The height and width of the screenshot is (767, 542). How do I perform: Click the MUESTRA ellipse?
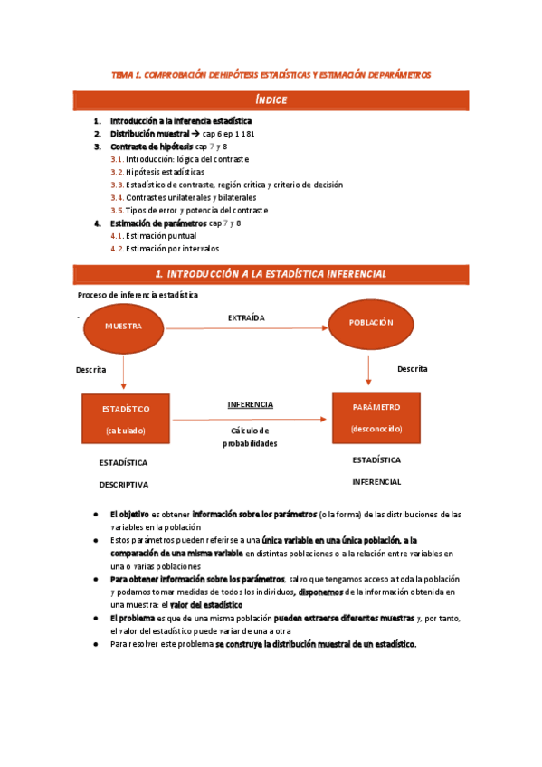(123, 326)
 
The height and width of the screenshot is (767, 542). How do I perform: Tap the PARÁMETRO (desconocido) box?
(376, 417)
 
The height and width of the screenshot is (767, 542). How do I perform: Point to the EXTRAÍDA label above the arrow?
(246, 317)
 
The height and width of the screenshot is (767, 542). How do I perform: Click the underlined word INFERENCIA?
(250, 404)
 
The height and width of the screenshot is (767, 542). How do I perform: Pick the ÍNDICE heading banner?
(271, 99)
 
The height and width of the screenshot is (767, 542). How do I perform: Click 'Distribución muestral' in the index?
(149, 133)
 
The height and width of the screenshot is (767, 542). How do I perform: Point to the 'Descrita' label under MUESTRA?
(90, 370)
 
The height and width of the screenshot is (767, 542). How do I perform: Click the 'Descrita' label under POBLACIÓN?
(412, 369)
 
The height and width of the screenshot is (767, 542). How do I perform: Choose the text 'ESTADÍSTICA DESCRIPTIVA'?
(123, 473)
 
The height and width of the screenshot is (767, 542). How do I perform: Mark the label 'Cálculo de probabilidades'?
(250, 437)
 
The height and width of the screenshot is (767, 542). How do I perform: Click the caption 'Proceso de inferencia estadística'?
(138, 295)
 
